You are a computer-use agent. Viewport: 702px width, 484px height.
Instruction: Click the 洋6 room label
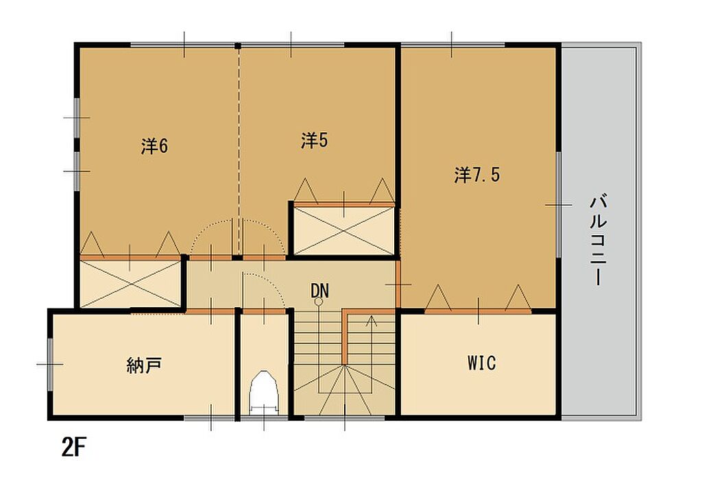(x=154, y=146)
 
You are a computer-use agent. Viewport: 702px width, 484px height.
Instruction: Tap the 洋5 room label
(x=314, y=140)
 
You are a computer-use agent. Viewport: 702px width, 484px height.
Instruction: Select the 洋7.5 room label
(x=477, y=175)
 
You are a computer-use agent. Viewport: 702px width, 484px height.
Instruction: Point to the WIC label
(x=482, y=363)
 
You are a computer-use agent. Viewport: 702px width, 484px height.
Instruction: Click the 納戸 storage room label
(x=144, y=365)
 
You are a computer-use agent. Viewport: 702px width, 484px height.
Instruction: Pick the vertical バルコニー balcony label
(x=598, y=239)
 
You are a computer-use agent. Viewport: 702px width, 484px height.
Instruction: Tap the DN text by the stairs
(x=319, y=291)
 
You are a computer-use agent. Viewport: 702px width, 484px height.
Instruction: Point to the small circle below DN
(x=318, y=302)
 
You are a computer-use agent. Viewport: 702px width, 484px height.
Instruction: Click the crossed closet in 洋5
(x=344, y=231)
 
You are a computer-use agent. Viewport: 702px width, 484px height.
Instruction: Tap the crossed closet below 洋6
(x=130, y=284)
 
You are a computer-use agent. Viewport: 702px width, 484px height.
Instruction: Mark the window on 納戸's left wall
(x=50, y=364)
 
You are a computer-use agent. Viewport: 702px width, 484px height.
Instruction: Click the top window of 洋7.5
(x=452, y=45)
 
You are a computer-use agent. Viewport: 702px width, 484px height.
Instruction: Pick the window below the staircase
(x=344, y=418)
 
